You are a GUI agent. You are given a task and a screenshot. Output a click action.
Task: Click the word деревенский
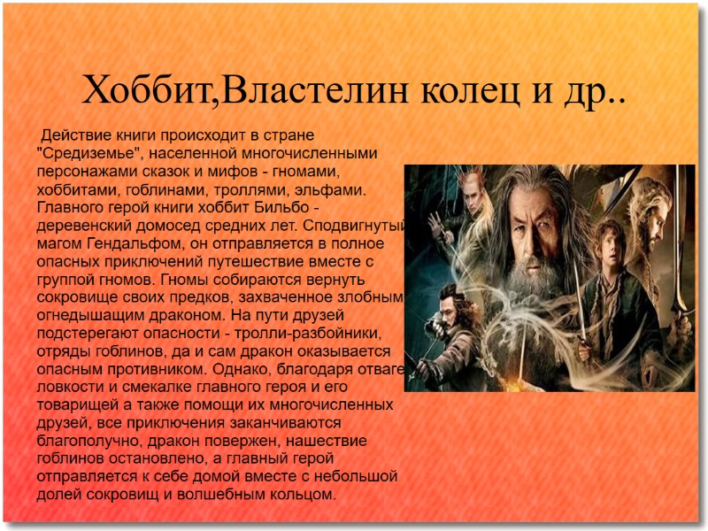pos(82,225)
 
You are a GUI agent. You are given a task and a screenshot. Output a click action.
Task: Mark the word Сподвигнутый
pos(363,225)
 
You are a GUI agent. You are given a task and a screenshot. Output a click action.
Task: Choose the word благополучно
pos(84,440)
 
